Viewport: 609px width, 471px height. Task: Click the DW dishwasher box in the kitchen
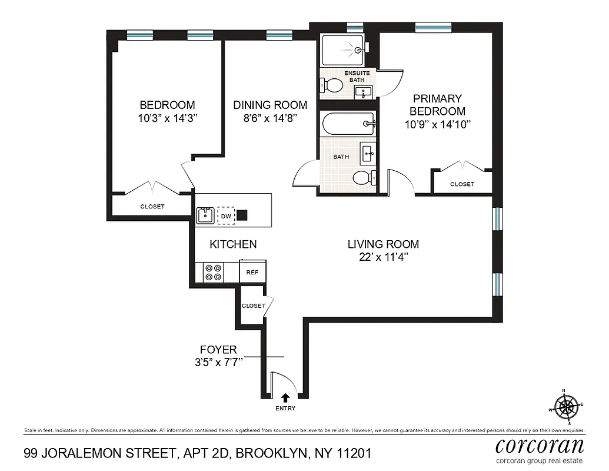[226, 216]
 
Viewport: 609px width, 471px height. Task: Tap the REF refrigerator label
[252, 272]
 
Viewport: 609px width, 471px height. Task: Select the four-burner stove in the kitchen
[213, 271]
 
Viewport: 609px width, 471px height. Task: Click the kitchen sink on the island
[205, 215]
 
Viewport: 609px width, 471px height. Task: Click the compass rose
[567, 405]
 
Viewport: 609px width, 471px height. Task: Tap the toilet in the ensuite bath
[334, 85]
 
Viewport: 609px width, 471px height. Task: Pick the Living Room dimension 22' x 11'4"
[382, 257]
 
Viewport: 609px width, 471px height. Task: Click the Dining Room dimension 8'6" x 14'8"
[270, 118]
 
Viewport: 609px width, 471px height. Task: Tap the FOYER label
[218, 350]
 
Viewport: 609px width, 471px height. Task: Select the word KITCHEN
[234, 244]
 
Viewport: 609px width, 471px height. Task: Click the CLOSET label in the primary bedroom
[462, 184]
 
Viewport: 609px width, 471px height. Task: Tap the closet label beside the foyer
[254, 306]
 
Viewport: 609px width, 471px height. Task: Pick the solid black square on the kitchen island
[242, 215]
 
